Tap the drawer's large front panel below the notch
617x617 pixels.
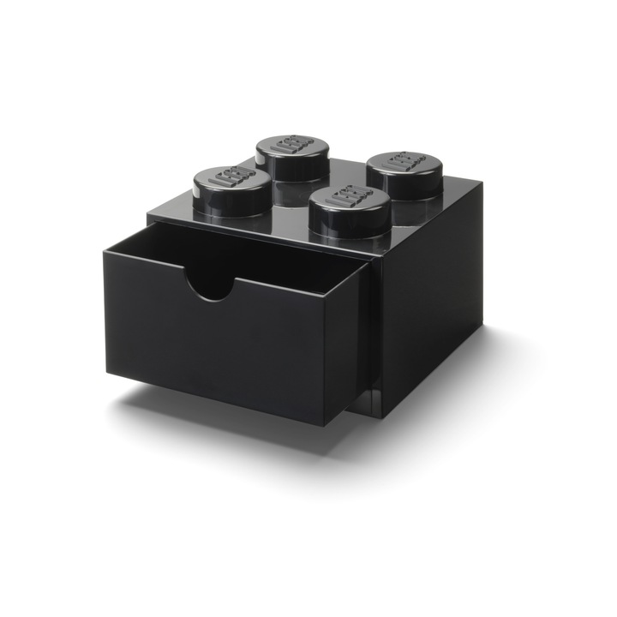pos(223,351)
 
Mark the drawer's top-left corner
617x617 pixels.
pos(104,248)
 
